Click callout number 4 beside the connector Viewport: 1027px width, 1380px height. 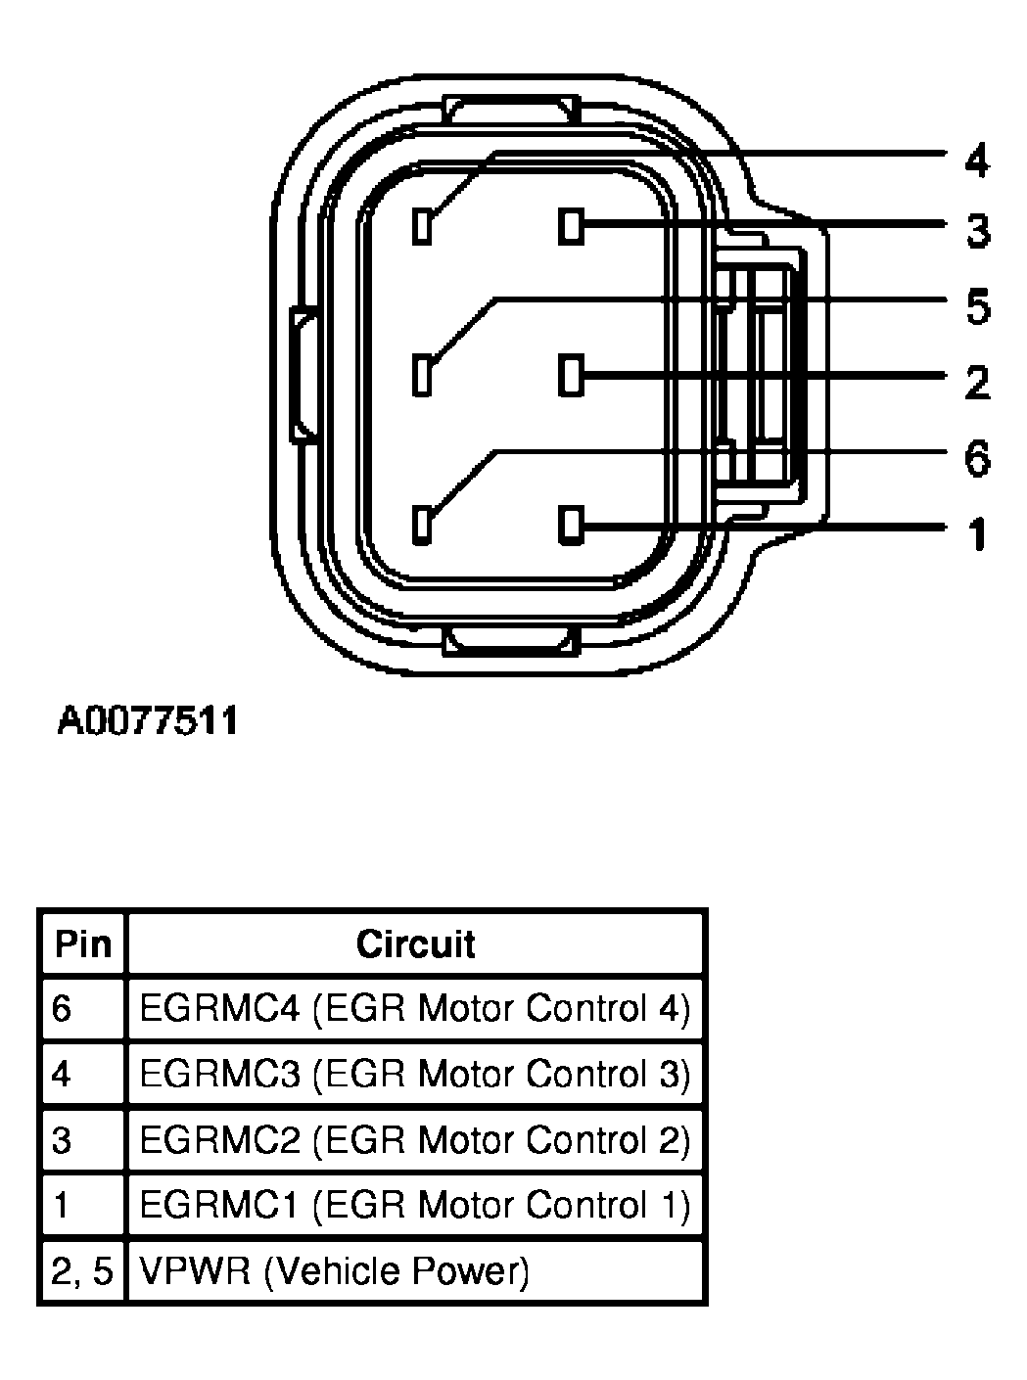click(x=976, y=161)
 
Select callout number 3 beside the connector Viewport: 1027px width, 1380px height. click(x=977, y=232)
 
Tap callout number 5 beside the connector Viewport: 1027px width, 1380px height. click(x=977, y=306)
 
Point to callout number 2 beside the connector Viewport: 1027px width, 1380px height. click(x=977, y=382)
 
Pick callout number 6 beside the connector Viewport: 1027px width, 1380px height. click(x=977, y=458)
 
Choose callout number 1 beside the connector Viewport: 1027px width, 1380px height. click(x=977, y=534)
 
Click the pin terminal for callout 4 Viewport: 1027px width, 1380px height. click(x=422, y=227)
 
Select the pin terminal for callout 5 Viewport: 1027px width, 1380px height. click(x=422, y=376)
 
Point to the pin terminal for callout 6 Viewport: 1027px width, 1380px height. click(x=422, y=525)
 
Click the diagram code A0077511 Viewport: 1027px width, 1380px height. click(x=148, y=721)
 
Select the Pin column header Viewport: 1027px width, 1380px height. click(x=83, y=944)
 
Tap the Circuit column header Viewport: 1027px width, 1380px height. click(x=415, y=944)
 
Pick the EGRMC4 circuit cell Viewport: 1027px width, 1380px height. click(x=415, y=1008)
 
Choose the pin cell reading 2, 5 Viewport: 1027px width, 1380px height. click(x=82, y=1271)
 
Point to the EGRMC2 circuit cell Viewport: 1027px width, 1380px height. click(x=415, y=1139)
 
